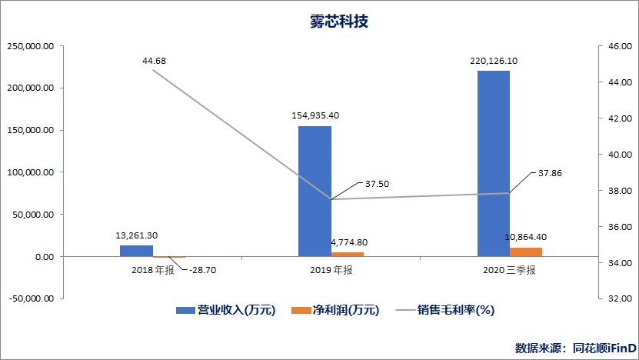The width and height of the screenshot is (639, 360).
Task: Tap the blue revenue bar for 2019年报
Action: point(315,191)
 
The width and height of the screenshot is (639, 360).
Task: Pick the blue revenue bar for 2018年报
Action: point(136,251)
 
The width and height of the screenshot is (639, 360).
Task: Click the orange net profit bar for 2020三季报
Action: point(526,252)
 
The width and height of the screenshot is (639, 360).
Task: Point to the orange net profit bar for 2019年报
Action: point(348,254)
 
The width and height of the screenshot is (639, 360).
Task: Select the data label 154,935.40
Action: point(315,115)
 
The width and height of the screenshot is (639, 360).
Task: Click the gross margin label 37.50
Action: point(377,184)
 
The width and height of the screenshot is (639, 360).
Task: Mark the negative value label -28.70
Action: point(204,271)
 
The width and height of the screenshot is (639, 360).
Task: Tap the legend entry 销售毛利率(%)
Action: point(455,310)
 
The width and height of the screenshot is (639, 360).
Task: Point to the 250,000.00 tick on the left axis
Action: point(30,46)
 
